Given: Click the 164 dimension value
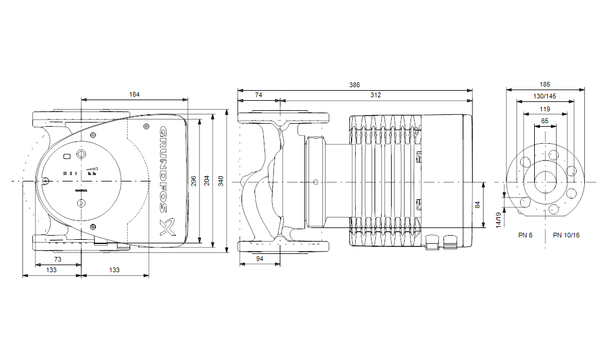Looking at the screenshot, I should [x=135, y=94].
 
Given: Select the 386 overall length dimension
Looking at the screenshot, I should [x=354, y=85].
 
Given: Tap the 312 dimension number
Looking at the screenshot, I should [x=375, y=95].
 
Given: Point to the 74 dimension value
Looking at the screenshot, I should [x=259, y=95].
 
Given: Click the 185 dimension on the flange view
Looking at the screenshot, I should [x=545, y=85].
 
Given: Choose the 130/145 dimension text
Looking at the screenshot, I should [x=545, y=96].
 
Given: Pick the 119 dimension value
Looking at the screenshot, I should [x=545, y=109].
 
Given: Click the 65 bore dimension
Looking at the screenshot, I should [x=545, y=121].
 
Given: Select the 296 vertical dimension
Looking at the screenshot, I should [x=194, y=181].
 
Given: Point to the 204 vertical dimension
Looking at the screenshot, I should [x=207, y=181].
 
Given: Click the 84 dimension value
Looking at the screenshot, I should [x=478, y=205].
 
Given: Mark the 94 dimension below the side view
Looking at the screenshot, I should [x=260, y=259].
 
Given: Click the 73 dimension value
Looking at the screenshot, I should [x=58, y=259].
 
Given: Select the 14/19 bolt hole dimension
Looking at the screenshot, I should [x=498, y=220].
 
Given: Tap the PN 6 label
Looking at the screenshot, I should [x=525, y=235].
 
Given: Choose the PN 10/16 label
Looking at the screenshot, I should [x=566, y=235].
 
